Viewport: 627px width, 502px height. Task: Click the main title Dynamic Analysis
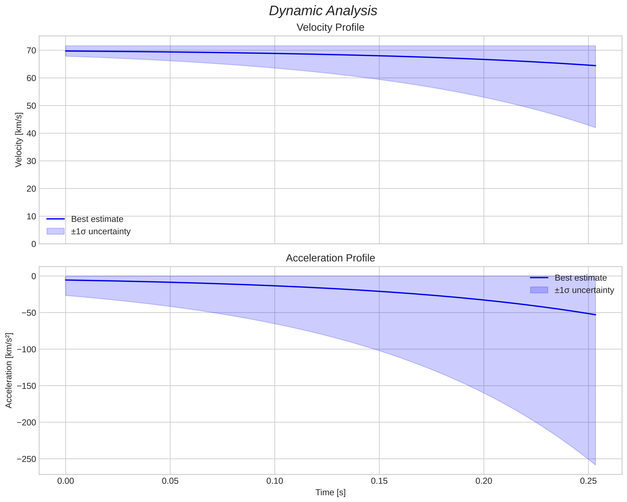click(323, 11)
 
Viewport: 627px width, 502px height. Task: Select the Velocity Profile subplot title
click(330, 28)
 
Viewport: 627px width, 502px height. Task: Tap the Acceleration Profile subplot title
click(330, 258)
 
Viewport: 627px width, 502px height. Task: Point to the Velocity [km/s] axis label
click(19, 140)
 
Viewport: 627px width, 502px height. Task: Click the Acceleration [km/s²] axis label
click(9, 370)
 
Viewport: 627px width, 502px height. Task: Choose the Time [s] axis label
click(330, 492)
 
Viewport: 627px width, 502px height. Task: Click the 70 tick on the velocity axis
click(31, 51)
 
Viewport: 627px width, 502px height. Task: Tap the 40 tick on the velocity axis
click(31, 133)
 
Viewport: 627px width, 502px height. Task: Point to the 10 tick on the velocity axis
click(31, 216)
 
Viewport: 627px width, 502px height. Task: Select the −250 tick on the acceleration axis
click(27, 459)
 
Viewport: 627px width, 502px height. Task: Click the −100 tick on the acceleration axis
click(27, 349)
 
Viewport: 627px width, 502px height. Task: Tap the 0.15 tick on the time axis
click(379, 481)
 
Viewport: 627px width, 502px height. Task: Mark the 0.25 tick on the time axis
click(588, 481)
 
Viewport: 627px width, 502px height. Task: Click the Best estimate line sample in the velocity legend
click(56, 219)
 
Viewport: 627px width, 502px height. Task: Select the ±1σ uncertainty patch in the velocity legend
click(56, 231)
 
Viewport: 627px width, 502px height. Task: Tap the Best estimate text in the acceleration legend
click(581, 278)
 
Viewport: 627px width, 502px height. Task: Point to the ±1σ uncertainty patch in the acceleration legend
click(539, 290)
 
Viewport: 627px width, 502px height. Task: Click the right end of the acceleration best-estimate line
click(595, 315)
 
